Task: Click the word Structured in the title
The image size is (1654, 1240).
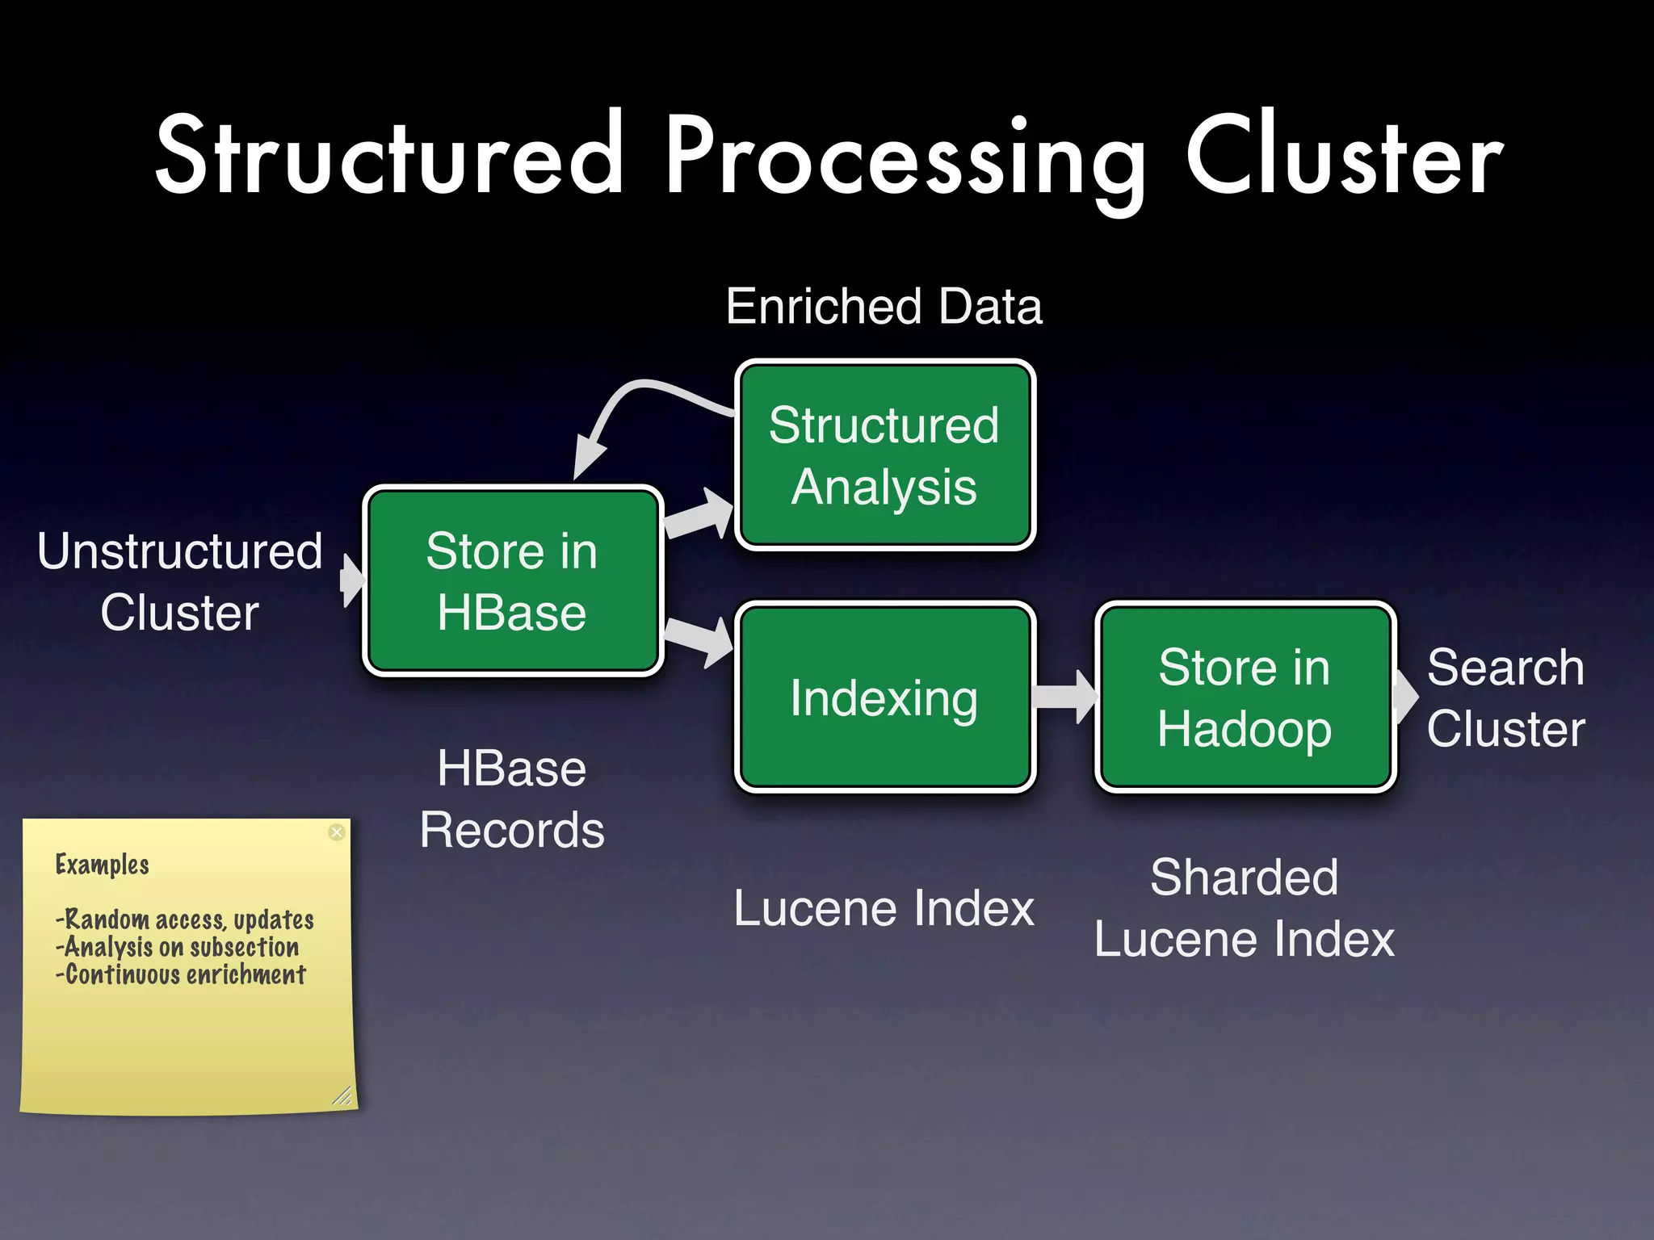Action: coord(389,155)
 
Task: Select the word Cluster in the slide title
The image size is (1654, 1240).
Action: coord(1344,155)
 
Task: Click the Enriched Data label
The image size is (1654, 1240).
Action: coord(884,307)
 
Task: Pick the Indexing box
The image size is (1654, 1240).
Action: coord(884,697)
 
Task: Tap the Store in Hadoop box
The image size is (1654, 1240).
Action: coord(1244,697)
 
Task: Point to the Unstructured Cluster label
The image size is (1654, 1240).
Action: coord(179,581)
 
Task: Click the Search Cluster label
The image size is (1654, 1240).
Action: coord(1505,698)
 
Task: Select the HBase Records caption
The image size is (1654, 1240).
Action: coord(512,799)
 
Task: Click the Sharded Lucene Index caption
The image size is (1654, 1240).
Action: coord(1244,908)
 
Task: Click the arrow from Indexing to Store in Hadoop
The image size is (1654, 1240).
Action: coord(1064,696)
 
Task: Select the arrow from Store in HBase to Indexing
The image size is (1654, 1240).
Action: coord(699,638)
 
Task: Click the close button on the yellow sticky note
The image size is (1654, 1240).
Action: coord(337,832)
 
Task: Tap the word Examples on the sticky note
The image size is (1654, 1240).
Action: coord(103,865)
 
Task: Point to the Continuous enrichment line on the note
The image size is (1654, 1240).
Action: coord(181,975)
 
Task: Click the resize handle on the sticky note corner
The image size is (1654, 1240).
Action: coord(342,1095)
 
